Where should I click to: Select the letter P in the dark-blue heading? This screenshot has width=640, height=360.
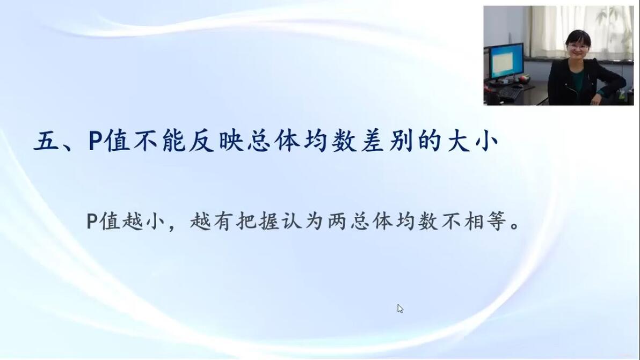click(x=94, y=141)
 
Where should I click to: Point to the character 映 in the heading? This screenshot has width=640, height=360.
click(x=231, y=142)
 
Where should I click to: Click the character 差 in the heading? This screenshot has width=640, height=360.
click(x=372, y=142)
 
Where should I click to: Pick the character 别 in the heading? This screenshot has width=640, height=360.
click(x=401, y=142)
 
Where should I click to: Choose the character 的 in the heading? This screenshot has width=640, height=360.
click(x=430, y=142)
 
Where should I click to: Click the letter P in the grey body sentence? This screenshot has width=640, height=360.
click(x=91, y=222)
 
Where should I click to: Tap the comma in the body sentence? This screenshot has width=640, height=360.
click(x=171, y=227)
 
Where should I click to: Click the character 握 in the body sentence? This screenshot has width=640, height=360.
click(x=269, y=222)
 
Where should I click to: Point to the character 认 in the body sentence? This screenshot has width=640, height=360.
click(x=292, y=222)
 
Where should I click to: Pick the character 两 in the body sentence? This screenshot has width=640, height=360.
click(x=337, y=222)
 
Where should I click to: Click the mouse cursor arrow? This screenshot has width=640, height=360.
click(x=400, y=308)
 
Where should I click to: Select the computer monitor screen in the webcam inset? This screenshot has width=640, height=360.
click(x=506, y=61)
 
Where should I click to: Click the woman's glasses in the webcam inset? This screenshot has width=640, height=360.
click(x=578, y=47)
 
